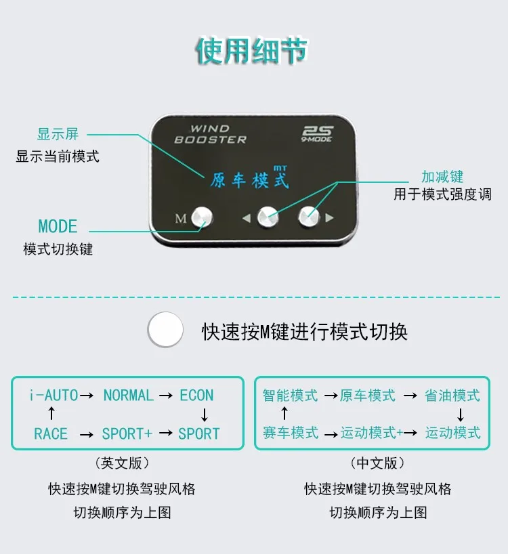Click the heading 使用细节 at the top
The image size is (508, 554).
coord(252,52)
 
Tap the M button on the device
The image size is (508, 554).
coord(202,217)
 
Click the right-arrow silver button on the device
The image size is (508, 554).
coord(309,217)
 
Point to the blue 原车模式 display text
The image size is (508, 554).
coord(248,180)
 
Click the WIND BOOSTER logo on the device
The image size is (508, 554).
coord(210,133)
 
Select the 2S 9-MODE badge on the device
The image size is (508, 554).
coord(320,134)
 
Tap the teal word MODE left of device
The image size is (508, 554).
coord(58,226)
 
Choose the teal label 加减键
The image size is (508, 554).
coord(442,177)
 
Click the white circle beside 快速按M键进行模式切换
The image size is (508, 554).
coord(165,331)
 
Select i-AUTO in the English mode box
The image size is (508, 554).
coord(54,395)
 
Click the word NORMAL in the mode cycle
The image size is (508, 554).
coord(128,395)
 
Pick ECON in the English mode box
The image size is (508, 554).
coord(196,395)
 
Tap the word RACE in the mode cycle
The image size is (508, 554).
coord(51,433)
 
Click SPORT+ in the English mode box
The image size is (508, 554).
coord(127,433)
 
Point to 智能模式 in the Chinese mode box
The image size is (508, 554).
coord(290,396)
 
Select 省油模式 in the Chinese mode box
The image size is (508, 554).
coord(452,396)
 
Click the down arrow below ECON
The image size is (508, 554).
coord(205,414)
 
